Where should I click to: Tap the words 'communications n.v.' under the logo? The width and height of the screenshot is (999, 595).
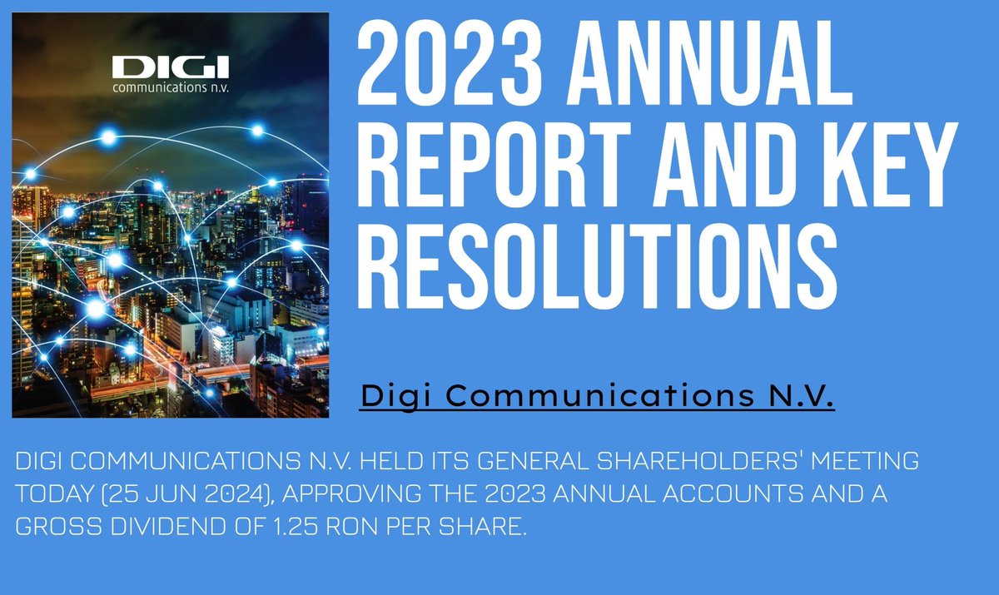pos(169,87)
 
